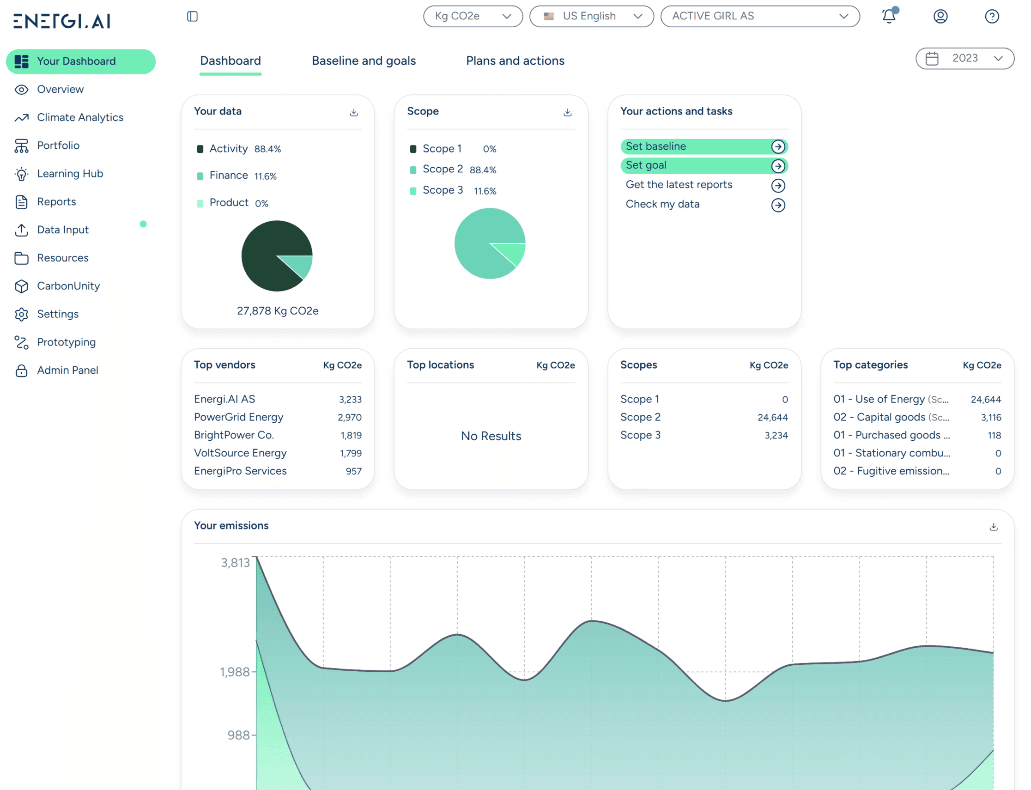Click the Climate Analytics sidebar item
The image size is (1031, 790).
click(x=80, y=117)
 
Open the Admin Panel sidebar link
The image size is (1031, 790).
click(x=67, y=371)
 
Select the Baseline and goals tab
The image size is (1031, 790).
click(x=364, y=61)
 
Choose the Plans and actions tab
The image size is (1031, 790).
click(x=515, y=61)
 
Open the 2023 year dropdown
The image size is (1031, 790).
click(x=964, y=58)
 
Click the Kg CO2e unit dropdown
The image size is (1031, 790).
click(x=473, y=17)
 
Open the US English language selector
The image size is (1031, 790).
click(x=591, y=17)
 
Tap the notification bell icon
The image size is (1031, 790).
click(x=889, y=17)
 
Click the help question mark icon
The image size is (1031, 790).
click(x=992, y=17)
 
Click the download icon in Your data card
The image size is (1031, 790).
click(x=354, y=112)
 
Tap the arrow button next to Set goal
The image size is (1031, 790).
click(x=777, y=166)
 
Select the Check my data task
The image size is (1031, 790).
click(x=662, y=205)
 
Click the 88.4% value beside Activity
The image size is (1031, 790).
click(x=267, y=149)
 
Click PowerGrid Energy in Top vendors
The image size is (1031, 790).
click(x=238, y=417)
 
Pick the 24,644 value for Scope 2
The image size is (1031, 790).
click(x=772, y=418)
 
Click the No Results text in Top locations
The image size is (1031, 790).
click(x=491, y=436)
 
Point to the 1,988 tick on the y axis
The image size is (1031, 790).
click(x=235, y=672)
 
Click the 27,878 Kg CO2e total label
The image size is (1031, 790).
click(x=277, y=311)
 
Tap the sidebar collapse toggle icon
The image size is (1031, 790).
click(x=192, y=17)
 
